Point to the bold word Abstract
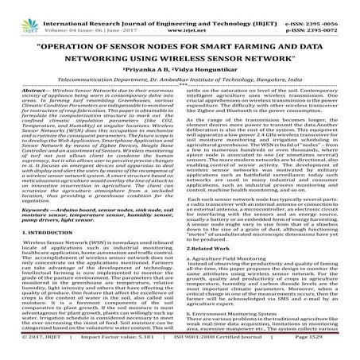coord(21,107)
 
